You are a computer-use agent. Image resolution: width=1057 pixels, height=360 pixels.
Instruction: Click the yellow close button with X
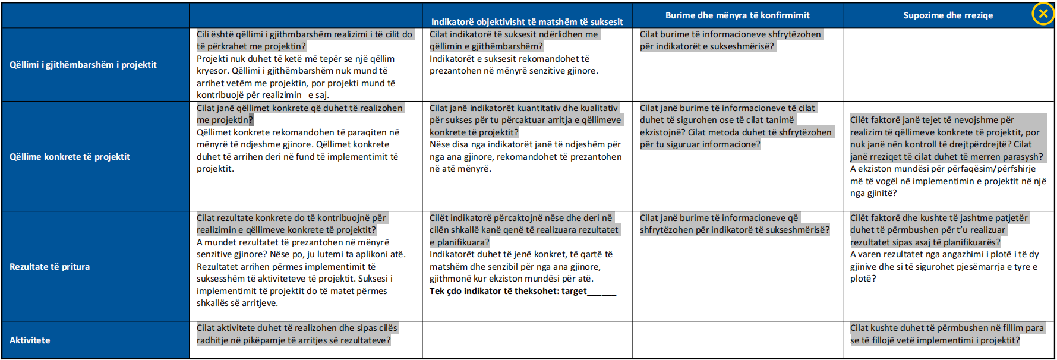click(1043, 14)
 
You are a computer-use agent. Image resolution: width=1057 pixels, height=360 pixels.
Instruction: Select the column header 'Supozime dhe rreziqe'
click(948, 15)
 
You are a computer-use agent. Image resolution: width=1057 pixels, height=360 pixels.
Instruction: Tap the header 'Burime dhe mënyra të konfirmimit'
click(737, 15)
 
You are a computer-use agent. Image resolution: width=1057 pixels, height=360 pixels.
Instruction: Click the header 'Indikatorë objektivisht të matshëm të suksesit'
click(527, 22)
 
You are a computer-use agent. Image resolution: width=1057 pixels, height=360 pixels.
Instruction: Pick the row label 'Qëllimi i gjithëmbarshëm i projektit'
click(83, 65)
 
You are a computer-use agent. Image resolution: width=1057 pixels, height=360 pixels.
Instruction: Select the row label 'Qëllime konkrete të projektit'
click(70, 157)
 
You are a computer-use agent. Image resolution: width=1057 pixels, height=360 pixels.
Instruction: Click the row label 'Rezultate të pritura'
click(49, 267)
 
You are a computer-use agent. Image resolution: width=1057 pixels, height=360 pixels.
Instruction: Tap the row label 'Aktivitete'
click(30, 340)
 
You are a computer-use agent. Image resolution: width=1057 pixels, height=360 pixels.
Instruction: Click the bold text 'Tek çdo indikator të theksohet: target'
click(508, 291)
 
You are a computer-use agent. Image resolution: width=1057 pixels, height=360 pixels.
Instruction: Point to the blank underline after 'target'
click(602, 292)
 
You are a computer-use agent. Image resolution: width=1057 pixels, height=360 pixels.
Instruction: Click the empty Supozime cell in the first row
click(948, 65)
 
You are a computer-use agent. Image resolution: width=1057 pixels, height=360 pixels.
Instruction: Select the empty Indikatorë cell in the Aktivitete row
click(527, 340)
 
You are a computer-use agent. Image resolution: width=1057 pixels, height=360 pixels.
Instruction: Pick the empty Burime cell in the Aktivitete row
click(737, 340)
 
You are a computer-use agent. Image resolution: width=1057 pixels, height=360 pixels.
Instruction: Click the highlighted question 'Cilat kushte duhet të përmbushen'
click(946, 334)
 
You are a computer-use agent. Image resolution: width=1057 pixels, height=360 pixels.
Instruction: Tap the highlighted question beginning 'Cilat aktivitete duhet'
click(296, 334)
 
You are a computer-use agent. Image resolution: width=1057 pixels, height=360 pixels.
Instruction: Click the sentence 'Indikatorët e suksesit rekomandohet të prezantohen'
click(513, 65)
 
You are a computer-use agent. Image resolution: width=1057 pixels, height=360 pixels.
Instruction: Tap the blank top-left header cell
click(95, 15)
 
